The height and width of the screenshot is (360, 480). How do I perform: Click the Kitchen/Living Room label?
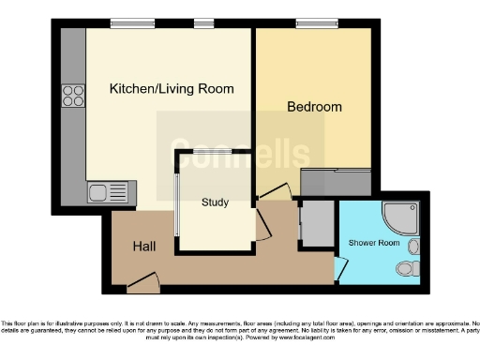[x=172, y=89]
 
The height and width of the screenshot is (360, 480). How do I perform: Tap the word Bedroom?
[x=314, y=107]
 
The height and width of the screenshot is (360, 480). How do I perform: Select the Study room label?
[x=215, y=202]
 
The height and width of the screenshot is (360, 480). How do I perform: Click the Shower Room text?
[x=374, y=243]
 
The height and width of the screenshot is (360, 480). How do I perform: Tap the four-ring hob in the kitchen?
[x=73, y=97]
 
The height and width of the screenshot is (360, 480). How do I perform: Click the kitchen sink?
[x=112, y=194]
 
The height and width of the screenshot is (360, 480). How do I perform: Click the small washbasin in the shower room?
[x=414, y=246]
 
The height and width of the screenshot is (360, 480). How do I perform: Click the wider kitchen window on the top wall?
[x=131, y=22]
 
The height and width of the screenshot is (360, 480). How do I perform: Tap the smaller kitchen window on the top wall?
[x=203, y=22]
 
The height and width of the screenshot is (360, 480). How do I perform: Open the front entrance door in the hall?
[x=142, y=280]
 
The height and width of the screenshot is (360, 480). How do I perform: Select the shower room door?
[x=340, y=268]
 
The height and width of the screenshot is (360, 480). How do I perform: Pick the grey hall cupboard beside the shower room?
[x=314, y=225]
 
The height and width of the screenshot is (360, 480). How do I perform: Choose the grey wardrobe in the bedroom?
[x=336, y=182]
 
